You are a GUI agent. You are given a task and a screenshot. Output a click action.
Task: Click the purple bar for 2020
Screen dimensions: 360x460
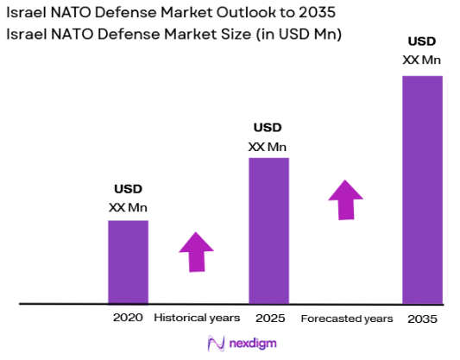[x=128, y=262]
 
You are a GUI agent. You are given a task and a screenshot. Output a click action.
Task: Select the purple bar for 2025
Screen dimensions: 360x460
[x=268, y=231]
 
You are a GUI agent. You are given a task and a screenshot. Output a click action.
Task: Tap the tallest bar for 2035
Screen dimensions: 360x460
[x=422, y=189]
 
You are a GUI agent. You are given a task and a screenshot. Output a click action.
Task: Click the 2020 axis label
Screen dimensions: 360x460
[x=128, y=318]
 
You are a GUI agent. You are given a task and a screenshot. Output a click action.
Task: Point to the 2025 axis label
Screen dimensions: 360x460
[x=268, y=318]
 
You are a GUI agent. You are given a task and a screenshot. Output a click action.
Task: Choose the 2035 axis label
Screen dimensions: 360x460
[x=423, y=319]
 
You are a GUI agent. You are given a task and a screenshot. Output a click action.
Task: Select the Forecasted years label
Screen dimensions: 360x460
[x=346, y=319]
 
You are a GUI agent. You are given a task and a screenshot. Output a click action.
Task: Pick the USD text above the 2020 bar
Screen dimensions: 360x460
[x=128, y=189]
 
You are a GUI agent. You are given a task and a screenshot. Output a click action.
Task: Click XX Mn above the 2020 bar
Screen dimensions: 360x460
[x=128, y=207]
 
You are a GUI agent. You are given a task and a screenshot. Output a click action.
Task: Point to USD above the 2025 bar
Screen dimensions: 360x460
[x=268, y=128]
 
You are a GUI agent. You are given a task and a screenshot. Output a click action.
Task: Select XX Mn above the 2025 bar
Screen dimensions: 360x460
[x=268, y=146]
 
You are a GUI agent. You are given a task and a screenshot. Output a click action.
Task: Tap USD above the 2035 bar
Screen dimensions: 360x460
[x=422, y=41]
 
